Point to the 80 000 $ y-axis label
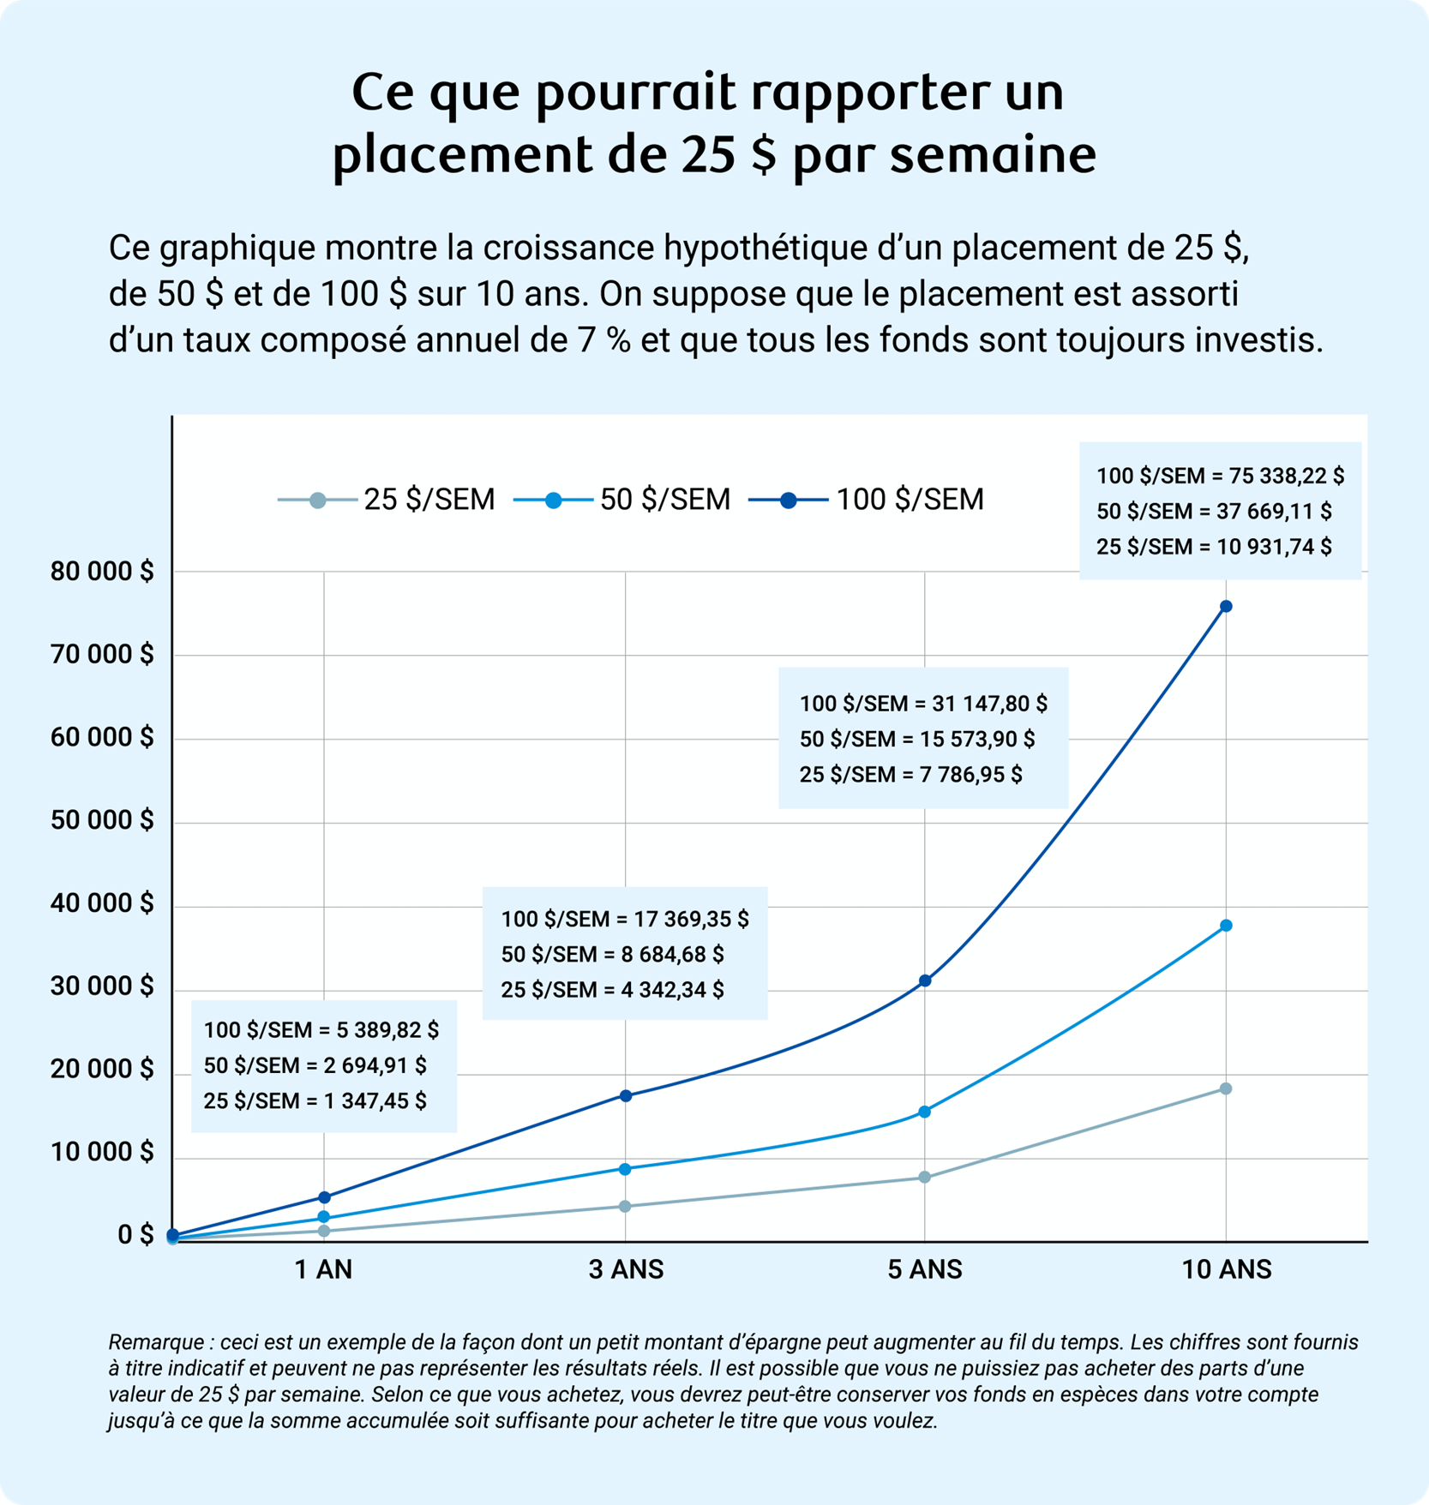102,572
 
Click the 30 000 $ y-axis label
102,986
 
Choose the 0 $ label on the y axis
135,1236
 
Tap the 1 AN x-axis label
323,1269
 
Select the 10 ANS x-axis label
1226,1269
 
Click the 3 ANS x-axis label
626,1269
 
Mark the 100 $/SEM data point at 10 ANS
1226,607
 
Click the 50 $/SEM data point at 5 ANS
925,1112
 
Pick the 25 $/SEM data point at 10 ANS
1226,1088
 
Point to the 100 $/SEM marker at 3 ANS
626,1095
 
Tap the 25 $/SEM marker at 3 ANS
626,1206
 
